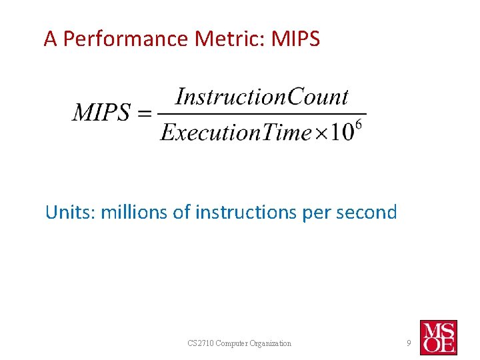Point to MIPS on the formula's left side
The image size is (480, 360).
tap(101, 113)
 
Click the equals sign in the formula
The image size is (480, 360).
tap(145, 113)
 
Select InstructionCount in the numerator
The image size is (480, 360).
tap(261, 97)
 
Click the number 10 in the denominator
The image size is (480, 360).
tap(343, 133)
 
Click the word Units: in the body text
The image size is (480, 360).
tap(70, 213)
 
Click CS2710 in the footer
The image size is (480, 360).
tap(200, 343)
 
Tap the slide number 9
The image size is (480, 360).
tap(409, 343)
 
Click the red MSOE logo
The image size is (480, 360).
tap(438, 337)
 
